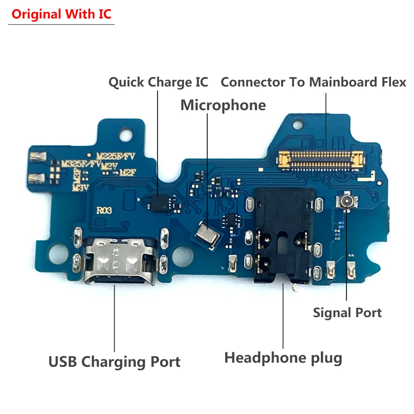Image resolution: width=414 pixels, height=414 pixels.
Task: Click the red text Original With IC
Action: pyautogui.click(x=61, y=14)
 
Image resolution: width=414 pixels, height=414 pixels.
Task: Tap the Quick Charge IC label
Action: pyautogui.click(x=158, y=82)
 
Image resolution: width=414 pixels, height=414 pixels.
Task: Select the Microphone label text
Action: pyautogui.click(x=223, y=105)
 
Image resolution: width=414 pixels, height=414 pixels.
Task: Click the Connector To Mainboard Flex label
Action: pyautogui.click(x=313, y=82)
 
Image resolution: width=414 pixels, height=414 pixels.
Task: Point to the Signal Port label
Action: pyautogui.click(x=347, y=313)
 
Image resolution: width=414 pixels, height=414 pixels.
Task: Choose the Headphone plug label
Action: pyautogui.click(x=283, y=357)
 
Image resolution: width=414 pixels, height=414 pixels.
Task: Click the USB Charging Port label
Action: pyautogui.click(x=114, y=362)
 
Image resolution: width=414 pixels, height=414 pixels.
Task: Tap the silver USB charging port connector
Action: pyautogui.click(x=120, y=261)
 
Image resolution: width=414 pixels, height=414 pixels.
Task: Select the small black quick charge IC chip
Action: pyautogui.click(x=159, y=202)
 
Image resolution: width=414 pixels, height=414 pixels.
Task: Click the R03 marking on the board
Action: pyautogui.click(x=104, y=210)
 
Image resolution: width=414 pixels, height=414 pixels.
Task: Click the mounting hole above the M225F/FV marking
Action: pyautogui.click(x=124, y=135)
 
